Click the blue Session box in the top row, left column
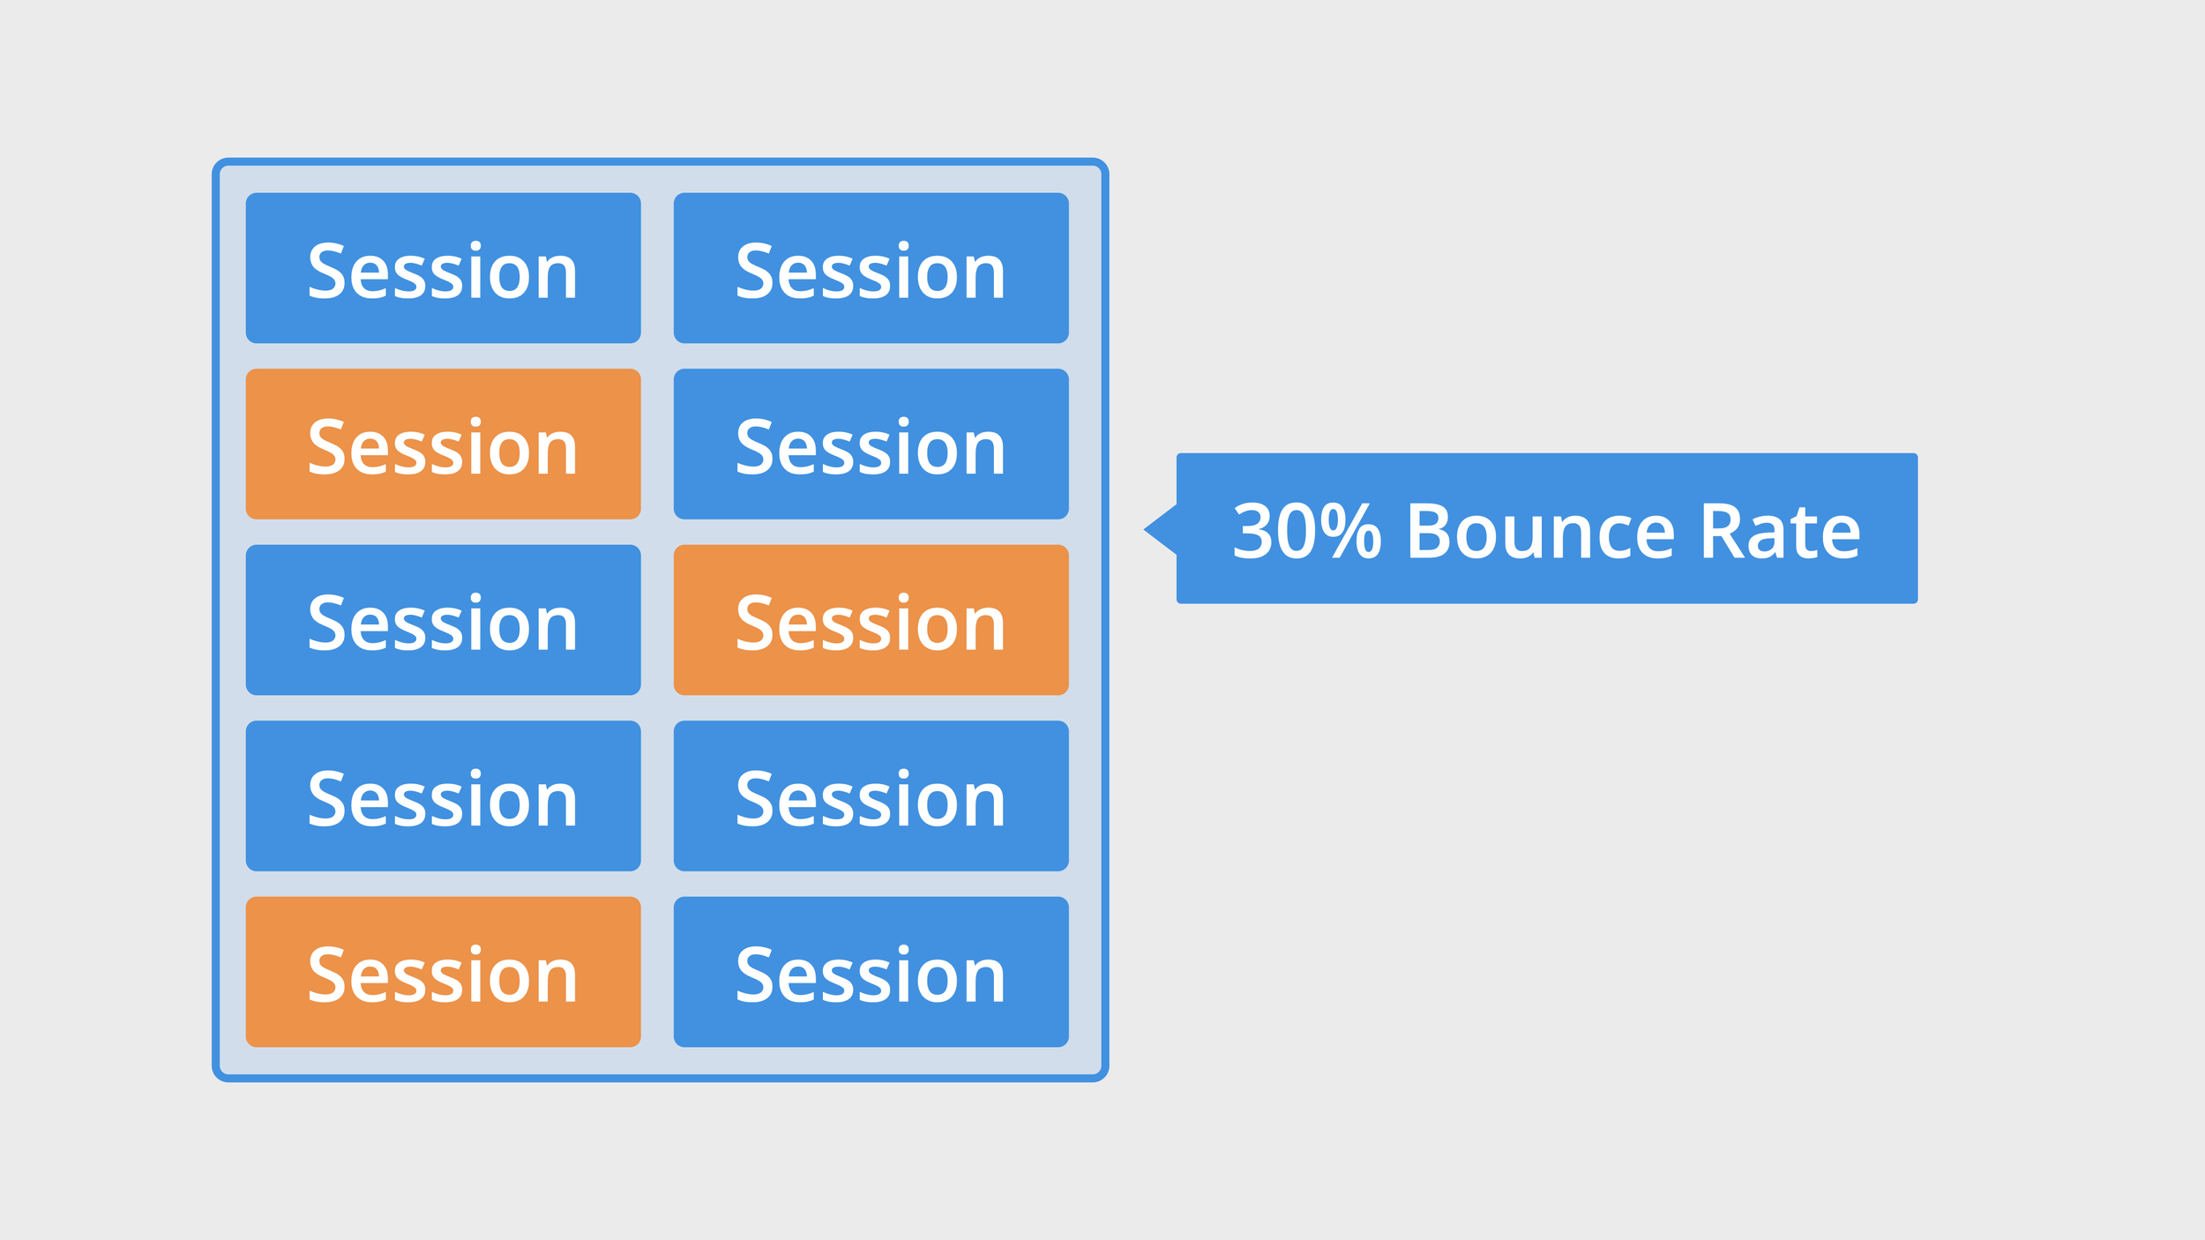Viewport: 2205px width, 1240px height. click(443, 268)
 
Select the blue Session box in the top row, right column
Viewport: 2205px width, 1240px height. click(871, 268)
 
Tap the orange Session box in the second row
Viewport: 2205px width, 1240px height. click(443, 444)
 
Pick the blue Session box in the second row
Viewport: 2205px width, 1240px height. click(871, 444)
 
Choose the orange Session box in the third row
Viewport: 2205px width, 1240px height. click(871, 620)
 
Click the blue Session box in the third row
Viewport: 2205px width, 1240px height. click(443, 620)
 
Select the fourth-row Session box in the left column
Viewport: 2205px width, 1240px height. click(443, 796)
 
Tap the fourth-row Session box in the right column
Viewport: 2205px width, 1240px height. click(871, 796)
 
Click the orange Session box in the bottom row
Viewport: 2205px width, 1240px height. click(443, 972)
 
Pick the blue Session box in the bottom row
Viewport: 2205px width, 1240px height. click(871, 972)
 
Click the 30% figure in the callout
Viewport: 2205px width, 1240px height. click(1306, 531)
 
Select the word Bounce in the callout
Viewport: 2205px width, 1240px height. click(1540, 531)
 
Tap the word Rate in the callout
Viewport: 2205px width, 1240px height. click(1780, 531)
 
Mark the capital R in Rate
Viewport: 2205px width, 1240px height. click(1722, 531)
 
